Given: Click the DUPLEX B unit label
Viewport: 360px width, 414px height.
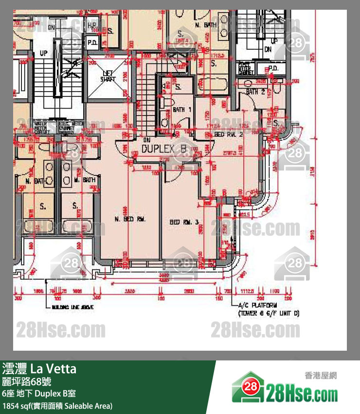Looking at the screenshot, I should (164, 148).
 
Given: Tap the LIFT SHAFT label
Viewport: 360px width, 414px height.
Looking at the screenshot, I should (108, 76).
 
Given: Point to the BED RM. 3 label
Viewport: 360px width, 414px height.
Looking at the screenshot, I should (184, 222).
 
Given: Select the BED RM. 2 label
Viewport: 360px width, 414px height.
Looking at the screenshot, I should (229, 134).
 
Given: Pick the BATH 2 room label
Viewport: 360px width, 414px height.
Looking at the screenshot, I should (255, 92).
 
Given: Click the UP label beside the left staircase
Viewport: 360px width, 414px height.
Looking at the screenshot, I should (44, 53).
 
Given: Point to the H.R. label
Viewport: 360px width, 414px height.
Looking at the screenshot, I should (92, 25).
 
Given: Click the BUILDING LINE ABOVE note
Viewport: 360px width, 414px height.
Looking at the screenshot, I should (72, 308).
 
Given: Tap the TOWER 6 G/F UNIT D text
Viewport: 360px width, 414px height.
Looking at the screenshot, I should (268, 314).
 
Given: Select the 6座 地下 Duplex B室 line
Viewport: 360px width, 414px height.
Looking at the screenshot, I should (38, 394).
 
